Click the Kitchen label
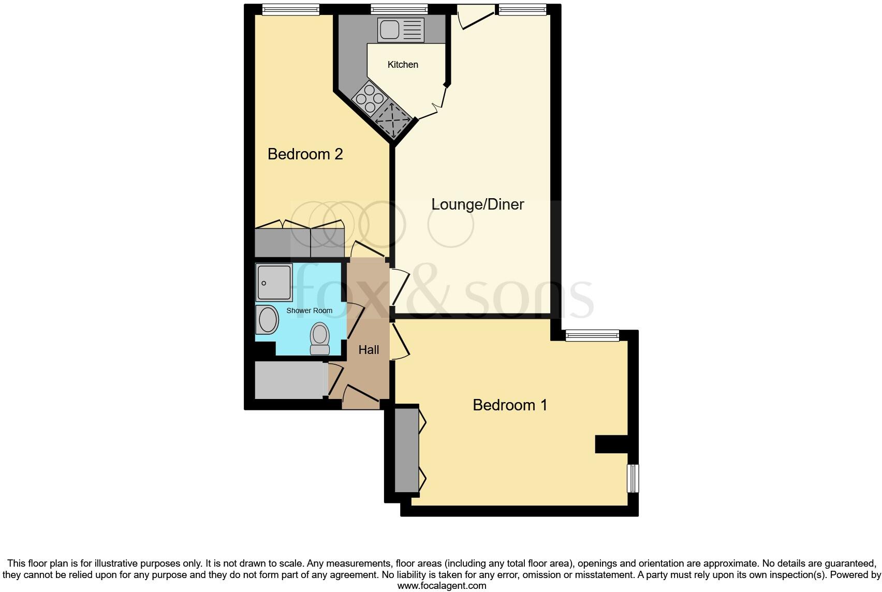(x=403, y=65)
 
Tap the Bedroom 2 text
(x=305, y=154)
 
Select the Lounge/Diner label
(x=477, y=204)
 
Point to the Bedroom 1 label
(x=510, y=405)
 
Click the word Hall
(x=369, y=350)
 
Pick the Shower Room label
(x=309, y=310)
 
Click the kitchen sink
(x=401, y=30)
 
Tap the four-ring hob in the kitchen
(x=370, y=98)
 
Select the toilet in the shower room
(x=320, y=338)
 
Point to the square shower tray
(x=274, y=283)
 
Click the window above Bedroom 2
(x=290, y=9)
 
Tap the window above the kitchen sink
(x=399, y=9)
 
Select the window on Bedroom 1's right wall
(x=633, y=478)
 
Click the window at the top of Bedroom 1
(x=592, y=335)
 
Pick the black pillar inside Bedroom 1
(x=611, y=444)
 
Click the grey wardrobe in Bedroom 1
(x=406, y=450)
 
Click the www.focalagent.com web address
(x=442, y=586)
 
